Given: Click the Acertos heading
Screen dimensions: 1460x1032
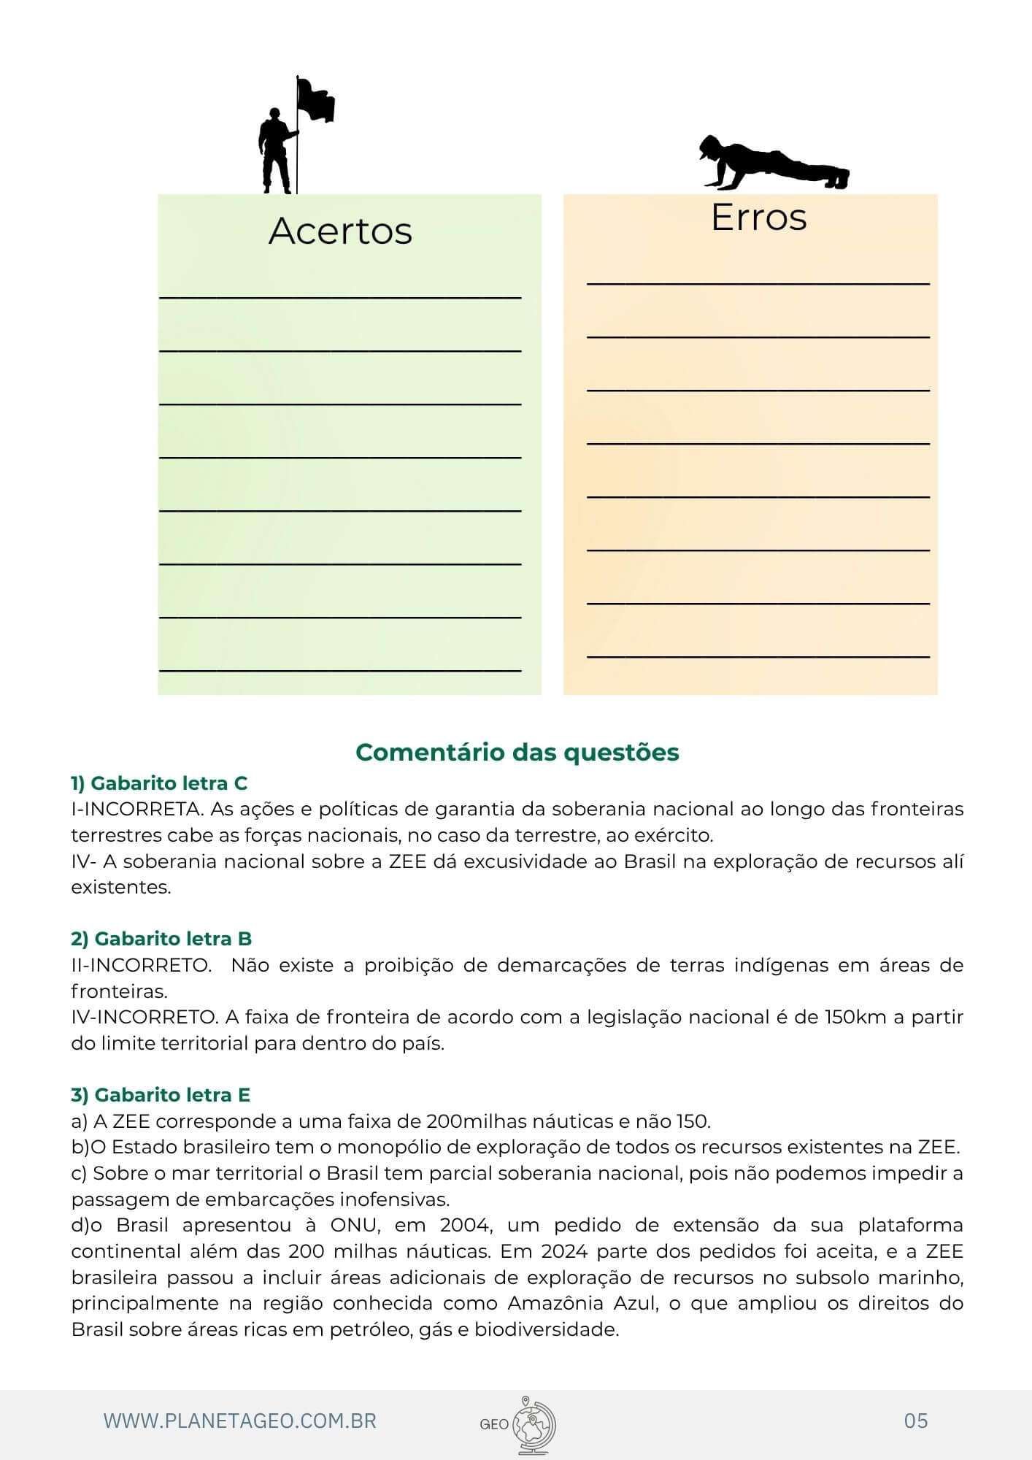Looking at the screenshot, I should (340, 231).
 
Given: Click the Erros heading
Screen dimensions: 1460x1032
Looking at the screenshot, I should (758, 217).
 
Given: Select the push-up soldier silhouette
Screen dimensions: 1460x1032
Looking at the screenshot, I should (773, 164).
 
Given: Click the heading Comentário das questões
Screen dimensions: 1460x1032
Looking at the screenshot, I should (517, 752).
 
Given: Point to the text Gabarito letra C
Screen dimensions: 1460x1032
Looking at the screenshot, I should (169, 783).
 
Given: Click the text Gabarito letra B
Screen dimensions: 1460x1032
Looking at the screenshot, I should (173, 938).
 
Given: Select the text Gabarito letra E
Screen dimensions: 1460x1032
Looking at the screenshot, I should (172, 1094).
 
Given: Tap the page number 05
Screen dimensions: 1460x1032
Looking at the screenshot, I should (915, 1420).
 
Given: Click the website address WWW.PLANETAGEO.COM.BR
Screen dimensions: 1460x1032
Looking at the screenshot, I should (239, 1421).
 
